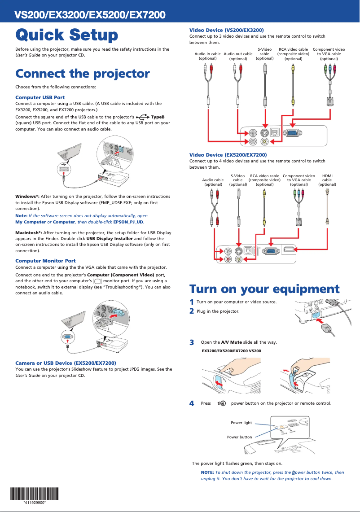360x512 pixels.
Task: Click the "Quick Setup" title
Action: coord(67,35)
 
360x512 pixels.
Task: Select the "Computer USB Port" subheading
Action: coord(40,97)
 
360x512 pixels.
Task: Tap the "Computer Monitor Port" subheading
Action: coord(45,261)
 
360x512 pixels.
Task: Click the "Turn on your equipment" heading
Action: coord(264,289)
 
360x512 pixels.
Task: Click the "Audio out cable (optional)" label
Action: coord(238,56)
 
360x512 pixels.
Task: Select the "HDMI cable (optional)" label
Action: coord(327,180)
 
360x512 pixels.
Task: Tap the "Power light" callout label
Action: coord(241,423)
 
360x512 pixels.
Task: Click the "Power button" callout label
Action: coord(239,437)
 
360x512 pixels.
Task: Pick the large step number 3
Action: coord(192,343)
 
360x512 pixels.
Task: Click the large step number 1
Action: coord(192,302)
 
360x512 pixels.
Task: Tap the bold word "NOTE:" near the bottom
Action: coord(207,473)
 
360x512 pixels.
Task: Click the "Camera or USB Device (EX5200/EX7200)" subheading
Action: coord(66,363)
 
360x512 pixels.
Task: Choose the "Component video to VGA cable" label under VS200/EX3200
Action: coord(329,54)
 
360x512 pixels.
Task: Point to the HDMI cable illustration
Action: coord(327,206)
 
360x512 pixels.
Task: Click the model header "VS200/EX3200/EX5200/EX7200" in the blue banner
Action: coord(90,15)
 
